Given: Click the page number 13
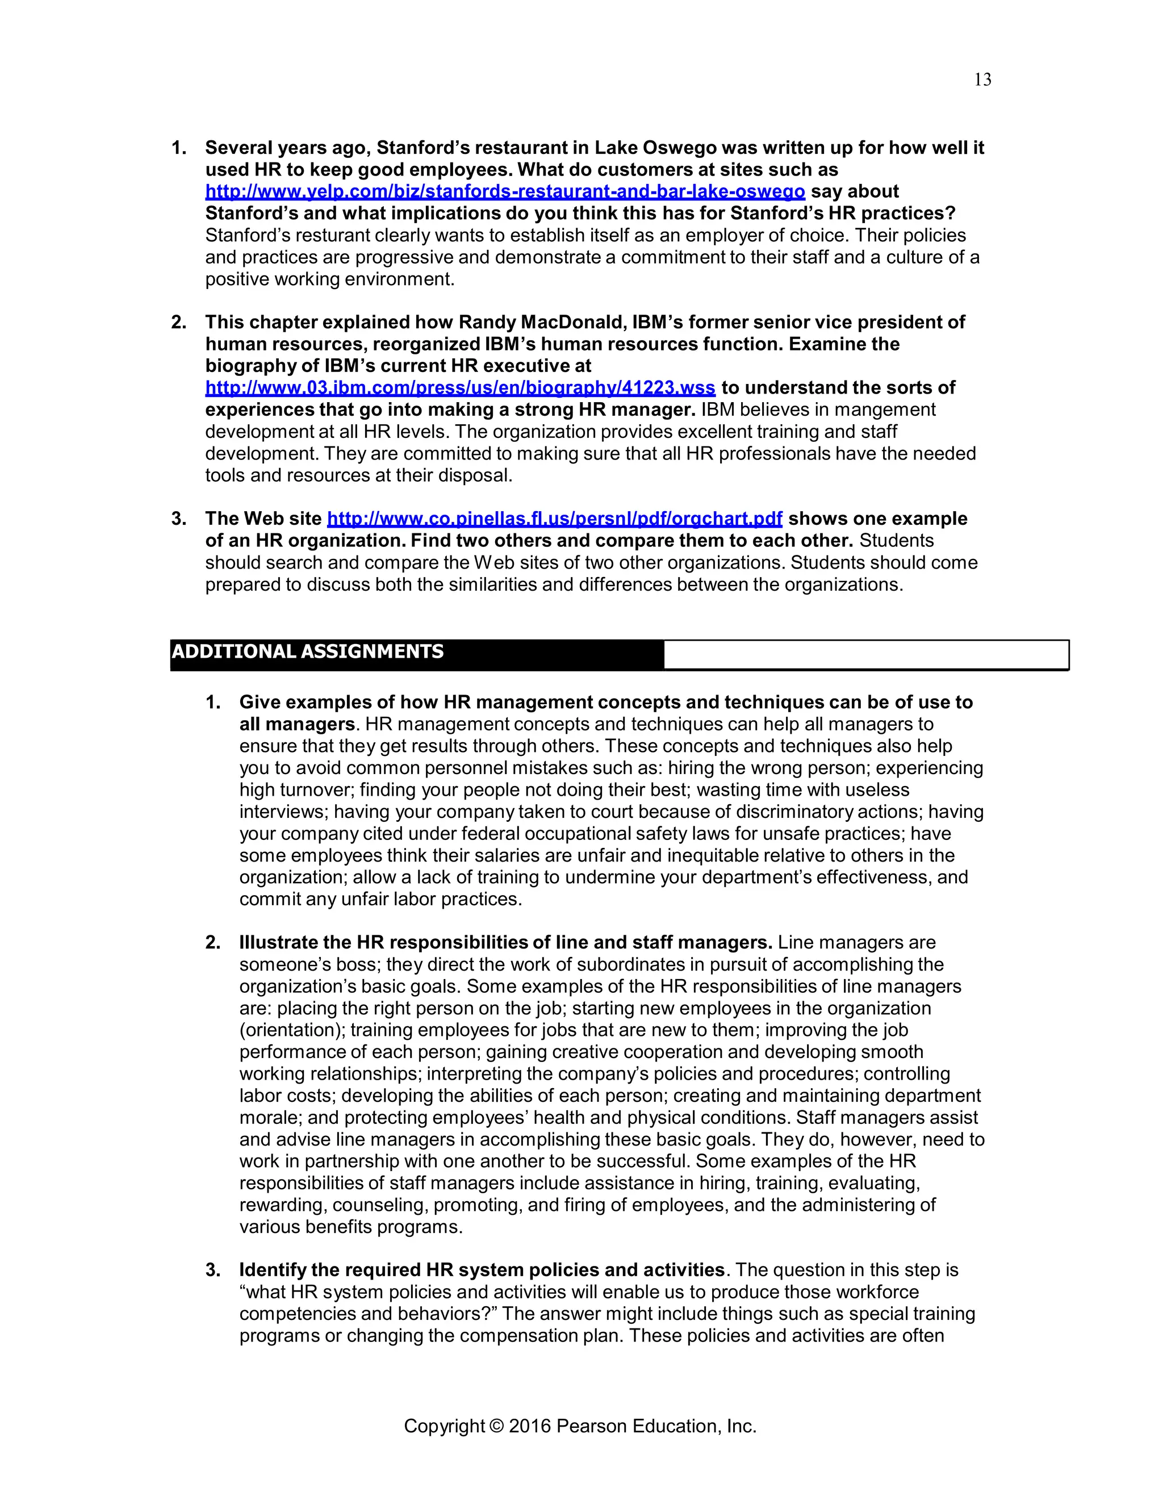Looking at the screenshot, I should click(x=982, y=81).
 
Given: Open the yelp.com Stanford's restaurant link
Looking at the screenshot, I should click(x=504, y=191).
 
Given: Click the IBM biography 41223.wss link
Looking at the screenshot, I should click(x=459, y=388).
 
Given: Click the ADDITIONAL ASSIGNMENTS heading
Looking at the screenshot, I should click(x=307, y=652).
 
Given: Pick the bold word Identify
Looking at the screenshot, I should click(x=272, y=1270).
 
